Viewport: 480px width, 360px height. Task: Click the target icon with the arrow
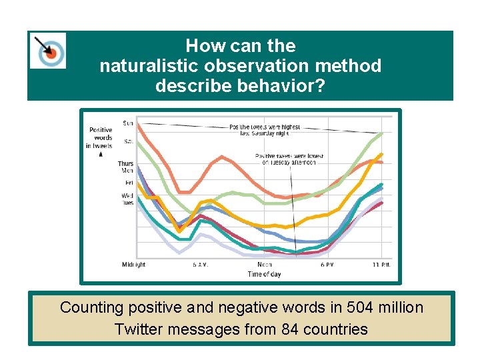(48, 50)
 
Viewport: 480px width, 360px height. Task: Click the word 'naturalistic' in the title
(145, 66)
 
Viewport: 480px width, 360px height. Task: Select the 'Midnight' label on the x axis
(133, 265)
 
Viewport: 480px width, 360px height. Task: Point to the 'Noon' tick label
(265, 265)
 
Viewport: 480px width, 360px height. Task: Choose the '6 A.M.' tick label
(199, 265)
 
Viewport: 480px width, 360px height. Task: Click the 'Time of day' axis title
(264, 274)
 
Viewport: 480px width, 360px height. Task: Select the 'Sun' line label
(127, 123)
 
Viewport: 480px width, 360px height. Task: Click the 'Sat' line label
(127, 141)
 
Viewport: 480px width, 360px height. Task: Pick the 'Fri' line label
(129, 182)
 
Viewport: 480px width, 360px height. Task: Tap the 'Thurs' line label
(125, 163)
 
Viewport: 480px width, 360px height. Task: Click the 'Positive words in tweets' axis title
(101, 138)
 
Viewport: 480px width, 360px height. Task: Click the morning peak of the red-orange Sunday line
(221, 157)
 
